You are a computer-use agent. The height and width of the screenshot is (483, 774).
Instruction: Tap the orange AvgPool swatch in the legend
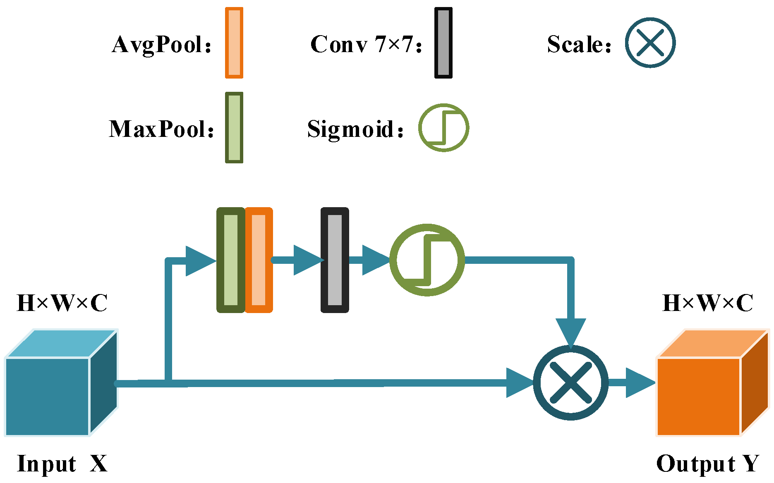click(x=234, y=43)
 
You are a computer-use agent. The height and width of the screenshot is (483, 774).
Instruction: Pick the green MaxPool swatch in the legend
click(x=234, y=128)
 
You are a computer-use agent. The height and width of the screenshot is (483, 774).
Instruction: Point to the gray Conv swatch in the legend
click(x=443, y=43)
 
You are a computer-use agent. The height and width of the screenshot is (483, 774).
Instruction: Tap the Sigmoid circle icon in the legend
click(x=443, y=128)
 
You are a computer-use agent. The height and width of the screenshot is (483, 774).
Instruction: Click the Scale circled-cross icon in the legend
click(x=650, y=43)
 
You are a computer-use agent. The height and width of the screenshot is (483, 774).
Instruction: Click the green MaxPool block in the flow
click(x=231, y=260)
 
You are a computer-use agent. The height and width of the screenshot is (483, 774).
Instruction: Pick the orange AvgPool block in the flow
click(x=259, y=260)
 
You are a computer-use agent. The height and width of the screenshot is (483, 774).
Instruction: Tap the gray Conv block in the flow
click(x=335, y=260)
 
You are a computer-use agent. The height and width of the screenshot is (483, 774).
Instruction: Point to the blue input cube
click(x=61, y=383)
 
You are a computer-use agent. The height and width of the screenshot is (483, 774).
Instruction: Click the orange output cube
click(x=712, y=383)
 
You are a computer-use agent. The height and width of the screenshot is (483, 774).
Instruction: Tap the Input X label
click(x=62, y=464)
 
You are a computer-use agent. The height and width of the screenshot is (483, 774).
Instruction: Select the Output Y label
click(x=708, y=464)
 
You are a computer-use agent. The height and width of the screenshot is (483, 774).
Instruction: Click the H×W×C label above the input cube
click(x=62, y=303)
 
